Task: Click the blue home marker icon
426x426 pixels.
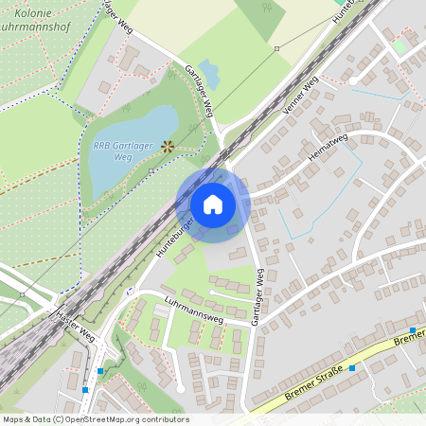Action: click(213, 204)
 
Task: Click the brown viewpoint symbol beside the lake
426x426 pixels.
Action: click(168, 146)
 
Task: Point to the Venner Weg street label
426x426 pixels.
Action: click(300, 97)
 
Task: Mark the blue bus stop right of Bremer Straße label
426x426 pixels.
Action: click(352, 367)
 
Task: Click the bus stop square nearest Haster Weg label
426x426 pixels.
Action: click(99, 371)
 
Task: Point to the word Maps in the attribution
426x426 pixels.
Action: click(14, 419)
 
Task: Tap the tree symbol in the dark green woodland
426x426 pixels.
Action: click(266, 8)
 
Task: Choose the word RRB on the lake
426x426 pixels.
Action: click(102, 146)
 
